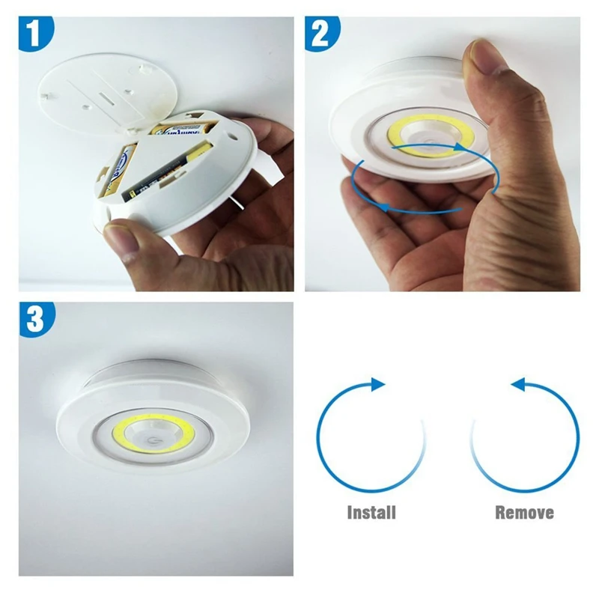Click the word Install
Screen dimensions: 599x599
pyautogui.click(x=371, y=513)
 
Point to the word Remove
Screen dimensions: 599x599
pyautogui.click(x=524, y=513)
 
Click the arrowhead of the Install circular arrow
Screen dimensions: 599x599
pyautogui.click(x=378, y=384)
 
